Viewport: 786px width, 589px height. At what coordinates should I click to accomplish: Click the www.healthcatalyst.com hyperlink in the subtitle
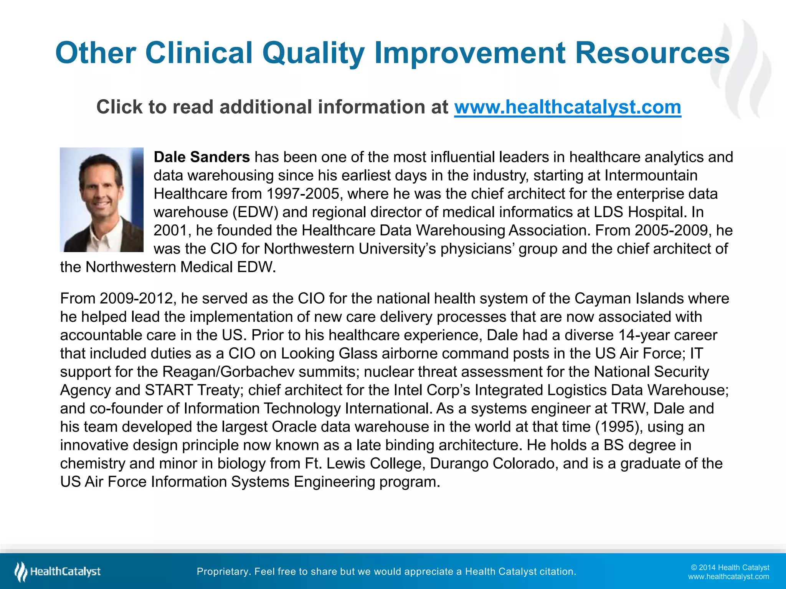point(568,107)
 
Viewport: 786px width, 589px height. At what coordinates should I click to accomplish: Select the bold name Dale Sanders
point(202,157)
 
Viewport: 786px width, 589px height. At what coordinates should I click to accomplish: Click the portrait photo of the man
point(102,200)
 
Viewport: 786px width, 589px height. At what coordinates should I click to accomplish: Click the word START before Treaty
point(168,390)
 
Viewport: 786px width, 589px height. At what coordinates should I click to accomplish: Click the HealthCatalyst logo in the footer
point(58,572)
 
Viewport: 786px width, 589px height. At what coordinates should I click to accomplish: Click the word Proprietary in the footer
point(222,572)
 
